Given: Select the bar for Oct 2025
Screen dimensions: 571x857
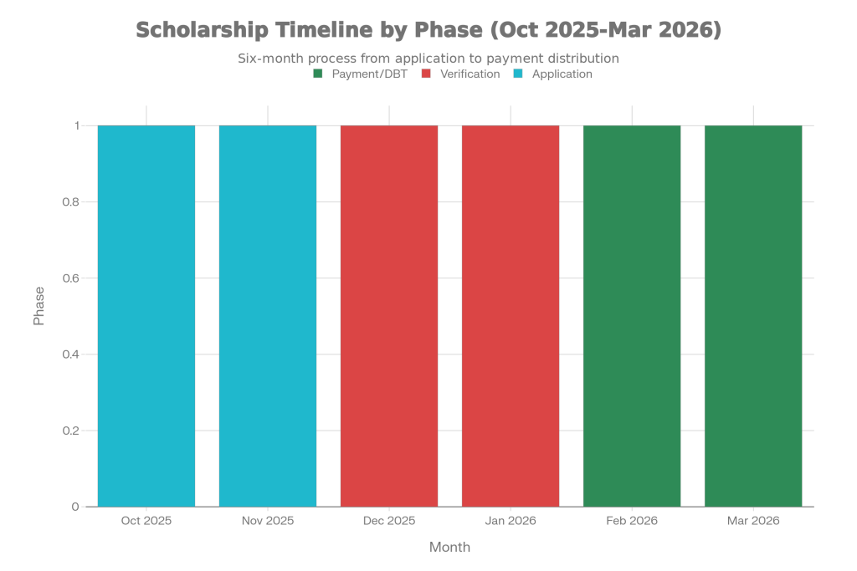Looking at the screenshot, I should pos(146,316).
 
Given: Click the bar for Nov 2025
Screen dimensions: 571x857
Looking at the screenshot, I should pos(268,316).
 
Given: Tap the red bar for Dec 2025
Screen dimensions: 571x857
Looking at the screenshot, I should pos(389,316).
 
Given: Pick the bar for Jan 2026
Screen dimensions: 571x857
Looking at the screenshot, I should pos(511,316).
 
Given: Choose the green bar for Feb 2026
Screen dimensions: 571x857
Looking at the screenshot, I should pos(632,316).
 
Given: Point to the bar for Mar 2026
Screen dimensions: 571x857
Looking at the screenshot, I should pos(753,316).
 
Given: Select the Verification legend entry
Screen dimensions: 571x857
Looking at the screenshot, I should pos(460,74).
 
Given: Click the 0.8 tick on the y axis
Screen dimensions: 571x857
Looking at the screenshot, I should pos(70,202).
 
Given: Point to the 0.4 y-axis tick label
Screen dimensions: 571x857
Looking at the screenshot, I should pos(70,354).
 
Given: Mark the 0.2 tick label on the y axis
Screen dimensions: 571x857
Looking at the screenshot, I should pos(70,431).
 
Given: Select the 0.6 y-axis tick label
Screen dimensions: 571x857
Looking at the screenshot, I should pos(70,278).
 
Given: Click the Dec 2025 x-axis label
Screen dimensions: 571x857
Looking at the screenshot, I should pos(389,521).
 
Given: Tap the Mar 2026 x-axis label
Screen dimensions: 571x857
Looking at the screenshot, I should pos(753,521).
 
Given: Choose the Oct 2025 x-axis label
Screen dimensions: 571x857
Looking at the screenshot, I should pos(146,521).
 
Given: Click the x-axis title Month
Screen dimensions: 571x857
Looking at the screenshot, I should pos(450,547).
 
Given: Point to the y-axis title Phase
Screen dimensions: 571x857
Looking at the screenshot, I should pos(39,306).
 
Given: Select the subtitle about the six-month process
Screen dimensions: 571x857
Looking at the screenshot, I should pos(428,59).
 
